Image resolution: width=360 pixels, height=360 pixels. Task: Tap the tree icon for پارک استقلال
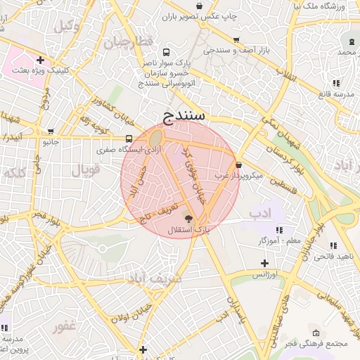(x=186, y=219)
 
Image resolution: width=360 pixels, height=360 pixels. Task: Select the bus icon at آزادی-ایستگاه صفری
(x=129, y=139)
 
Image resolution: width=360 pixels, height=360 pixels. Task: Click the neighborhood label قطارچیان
(x=128, y=42)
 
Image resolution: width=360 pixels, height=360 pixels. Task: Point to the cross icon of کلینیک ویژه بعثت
(x=40, y=60)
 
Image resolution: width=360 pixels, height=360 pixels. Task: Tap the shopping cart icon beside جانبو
(x=50, y=131)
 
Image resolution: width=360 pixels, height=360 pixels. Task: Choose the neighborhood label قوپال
(x=86, y=169)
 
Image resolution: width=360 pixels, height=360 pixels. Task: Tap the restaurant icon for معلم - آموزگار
(x=279, y=230)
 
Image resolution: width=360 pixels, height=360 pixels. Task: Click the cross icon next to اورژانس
(x=264, y=262)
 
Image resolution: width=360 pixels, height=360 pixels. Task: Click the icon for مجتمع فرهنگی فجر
(x=316, y=333)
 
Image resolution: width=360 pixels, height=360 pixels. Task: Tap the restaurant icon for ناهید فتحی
(x=333, y=245)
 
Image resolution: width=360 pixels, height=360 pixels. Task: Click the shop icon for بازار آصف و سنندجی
(x=236, y=40)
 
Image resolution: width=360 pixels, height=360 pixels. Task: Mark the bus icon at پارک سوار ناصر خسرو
(x=166, y=52)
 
